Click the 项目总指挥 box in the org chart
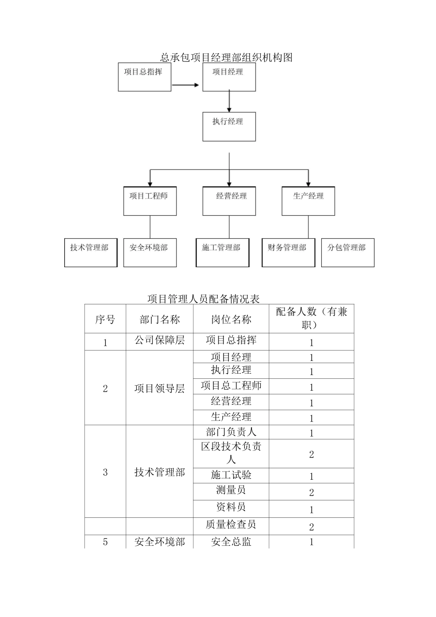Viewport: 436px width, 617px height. click(x=145, y=77)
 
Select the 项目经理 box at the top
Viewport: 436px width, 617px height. click(x=229, y=77)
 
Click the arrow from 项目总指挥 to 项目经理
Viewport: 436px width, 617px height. click(x=186, y=85)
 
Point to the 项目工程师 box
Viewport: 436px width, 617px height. click(x=150, y=201)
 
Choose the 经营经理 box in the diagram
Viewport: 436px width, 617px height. click(x=229, y=201)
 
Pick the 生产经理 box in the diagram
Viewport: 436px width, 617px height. click(x=308, y=201)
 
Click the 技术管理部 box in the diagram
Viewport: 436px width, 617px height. click(x=90, y=252)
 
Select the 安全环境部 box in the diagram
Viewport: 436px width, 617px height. click(x=150, y=252)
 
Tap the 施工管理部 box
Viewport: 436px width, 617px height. click(x=222, y=252)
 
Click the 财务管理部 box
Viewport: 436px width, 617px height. click(x=288, y=252)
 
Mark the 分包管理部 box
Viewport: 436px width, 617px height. click(x=347, y=252)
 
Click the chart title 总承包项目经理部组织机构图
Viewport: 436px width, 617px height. click(x=226, y=57)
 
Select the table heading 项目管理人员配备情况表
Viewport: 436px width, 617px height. click(x=203, y=299)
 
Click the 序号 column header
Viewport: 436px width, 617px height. click(x=105, y=320)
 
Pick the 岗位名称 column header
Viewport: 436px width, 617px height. click(x=231, y=320)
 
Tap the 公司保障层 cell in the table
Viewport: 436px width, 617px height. click(x=159, y=340)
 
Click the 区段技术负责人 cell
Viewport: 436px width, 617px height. click(x=231, y=453)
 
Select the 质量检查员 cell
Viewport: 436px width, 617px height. click(x=231, y=524)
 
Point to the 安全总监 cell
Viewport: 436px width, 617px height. click(x=231, y=542)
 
